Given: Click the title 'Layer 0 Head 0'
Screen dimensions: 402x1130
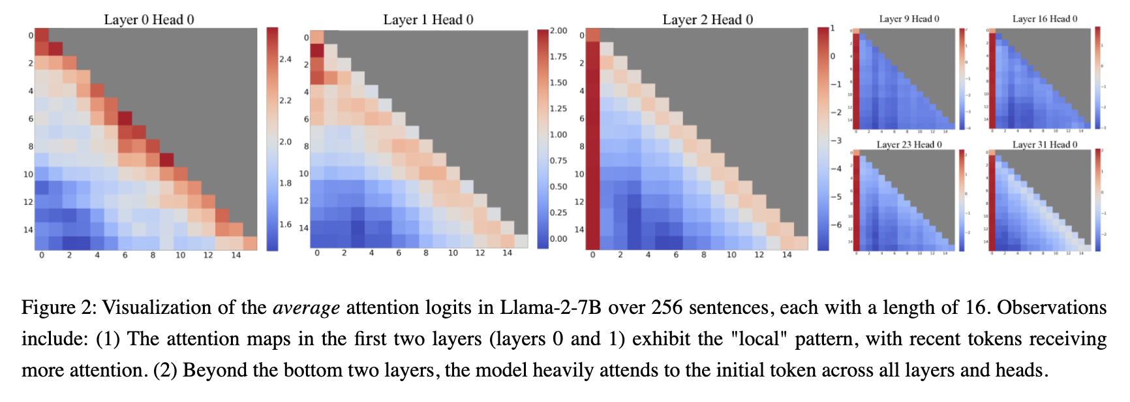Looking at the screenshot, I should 149,20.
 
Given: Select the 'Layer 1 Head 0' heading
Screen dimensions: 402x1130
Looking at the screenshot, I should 428,20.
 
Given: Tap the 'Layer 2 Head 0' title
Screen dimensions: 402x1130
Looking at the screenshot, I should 707,20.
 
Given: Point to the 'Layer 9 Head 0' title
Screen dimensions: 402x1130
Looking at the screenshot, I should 909,19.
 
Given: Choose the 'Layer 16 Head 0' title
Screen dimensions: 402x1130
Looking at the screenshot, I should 1045,19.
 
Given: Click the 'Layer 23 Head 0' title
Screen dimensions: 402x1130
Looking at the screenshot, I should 909,144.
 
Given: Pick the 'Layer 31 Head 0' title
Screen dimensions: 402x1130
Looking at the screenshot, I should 1045,144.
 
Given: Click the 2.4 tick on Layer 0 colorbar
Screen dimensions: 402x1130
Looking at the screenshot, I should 286,59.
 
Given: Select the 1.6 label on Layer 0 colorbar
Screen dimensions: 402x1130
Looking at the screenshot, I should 286,224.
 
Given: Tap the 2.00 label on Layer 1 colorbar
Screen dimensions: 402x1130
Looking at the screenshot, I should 558,31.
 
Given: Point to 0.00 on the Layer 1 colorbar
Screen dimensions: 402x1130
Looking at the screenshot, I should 558,239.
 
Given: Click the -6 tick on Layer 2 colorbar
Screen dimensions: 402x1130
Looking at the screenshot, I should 836,224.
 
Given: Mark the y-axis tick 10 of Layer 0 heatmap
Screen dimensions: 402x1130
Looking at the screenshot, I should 28,174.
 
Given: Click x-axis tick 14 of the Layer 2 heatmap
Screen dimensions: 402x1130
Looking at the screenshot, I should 787,255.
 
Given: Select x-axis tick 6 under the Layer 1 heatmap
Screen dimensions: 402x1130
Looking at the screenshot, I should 399,253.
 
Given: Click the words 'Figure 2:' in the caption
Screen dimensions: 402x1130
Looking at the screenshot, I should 59,307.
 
